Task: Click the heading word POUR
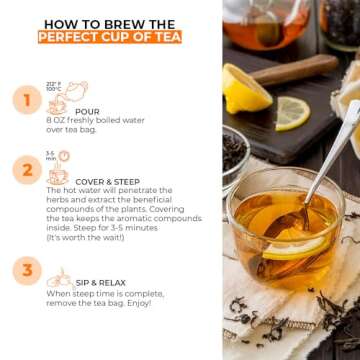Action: (x=87, y=111)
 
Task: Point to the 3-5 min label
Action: (x=50, y=155)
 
